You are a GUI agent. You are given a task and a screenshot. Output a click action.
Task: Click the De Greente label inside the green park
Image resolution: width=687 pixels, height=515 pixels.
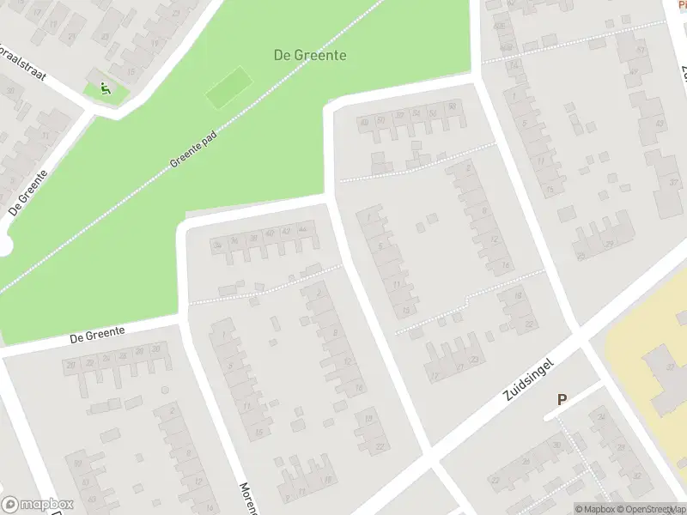tap(310, 55)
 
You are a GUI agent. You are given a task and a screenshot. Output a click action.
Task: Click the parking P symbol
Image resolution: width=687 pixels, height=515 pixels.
tap(562, 399)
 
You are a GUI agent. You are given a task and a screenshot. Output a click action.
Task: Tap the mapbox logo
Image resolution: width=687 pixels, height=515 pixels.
tap(38, 505)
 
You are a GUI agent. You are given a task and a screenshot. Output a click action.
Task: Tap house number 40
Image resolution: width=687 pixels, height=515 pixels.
tap(270, 233)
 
